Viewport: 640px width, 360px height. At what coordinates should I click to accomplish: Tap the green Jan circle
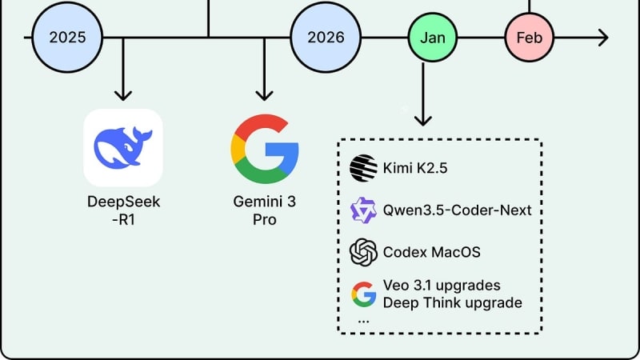pos(432,37)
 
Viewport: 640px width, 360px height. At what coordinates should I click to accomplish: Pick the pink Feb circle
pos(529,38)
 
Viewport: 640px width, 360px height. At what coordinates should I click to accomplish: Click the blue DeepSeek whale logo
pos(123,147)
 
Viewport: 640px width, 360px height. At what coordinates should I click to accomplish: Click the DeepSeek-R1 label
pos(123,210)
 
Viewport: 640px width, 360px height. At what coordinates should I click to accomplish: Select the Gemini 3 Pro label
pos(264,210)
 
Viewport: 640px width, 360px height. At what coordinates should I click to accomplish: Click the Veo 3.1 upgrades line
pos(442,286)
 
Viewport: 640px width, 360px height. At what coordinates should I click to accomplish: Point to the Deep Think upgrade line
pos(453,302)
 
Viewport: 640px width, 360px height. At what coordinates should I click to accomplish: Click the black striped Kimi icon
pos(363,167)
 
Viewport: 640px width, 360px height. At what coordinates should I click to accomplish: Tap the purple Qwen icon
pos(363,210)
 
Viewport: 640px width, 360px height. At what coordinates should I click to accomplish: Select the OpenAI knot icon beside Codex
pos(363,253)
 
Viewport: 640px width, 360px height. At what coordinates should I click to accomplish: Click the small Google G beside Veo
pos(363,294)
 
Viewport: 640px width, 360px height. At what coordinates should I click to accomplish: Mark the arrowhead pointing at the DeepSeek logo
pos(122,95)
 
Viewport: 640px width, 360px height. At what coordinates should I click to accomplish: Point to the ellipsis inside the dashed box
pos(364,319)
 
